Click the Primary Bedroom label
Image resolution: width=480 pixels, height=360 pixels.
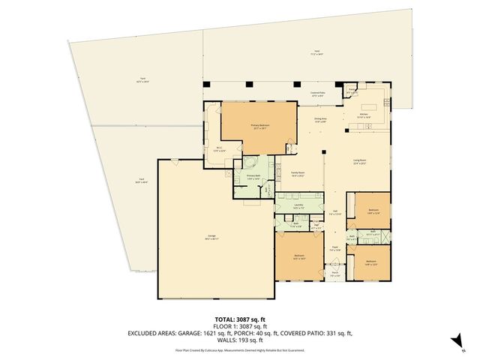pos(260,126)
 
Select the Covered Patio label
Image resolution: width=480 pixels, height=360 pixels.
pos(317,94)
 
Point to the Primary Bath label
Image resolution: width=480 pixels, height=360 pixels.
pos(253,177)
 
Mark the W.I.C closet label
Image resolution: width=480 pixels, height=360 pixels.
pos(220,148)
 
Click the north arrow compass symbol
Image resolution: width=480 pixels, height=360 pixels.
pos(453,342)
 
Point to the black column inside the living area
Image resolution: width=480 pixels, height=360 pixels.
pos(323,154)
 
